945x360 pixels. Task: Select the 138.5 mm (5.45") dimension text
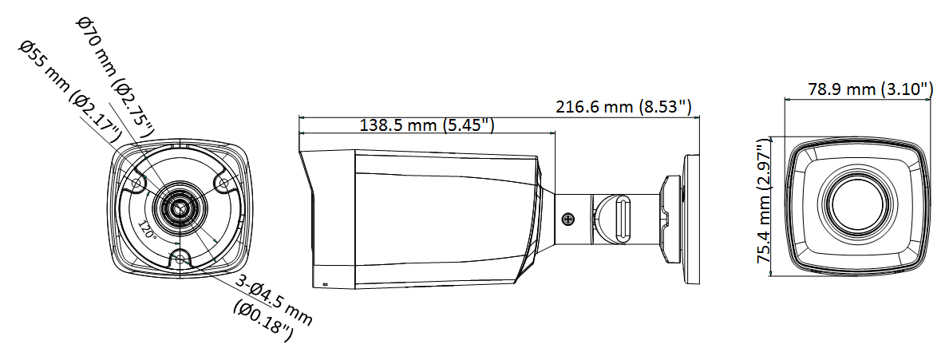click(x=427, y=125)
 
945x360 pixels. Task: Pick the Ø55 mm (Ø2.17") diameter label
click(x=70, y=93)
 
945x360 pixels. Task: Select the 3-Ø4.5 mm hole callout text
click(x=275, y=298)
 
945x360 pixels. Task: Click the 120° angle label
click(x=146, y=231)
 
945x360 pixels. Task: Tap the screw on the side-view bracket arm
click(x=567, y=220)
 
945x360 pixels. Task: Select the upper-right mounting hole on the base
click(x=222, y=182)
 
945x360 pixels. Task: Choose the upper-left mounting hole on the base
click(x=136, y=182)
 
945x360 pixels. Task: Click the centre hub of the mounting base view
click(x=180, y=208)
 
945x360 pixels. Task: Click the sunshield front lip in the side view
click(x=306, y=217)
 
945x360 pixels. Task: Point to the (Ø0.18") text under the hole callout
click(x=263, y=319)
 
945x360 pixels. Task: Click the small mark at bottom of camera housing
click(x=326, y=283)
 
